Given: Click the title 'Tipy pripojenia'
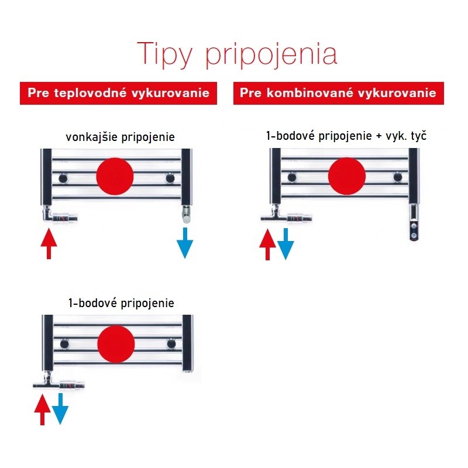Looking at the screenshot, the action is click(237, 55).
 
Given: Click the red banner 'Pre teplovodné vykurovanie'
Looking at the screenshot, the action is click(119, 93).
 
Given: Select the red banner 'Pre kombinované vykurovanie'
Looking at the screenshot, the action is click(339, 93).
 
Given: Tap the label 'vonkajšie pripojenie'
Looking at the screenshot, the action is click(121, 137).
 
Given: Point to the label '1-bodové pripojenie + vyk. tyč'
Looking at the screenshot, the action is click(346, 136).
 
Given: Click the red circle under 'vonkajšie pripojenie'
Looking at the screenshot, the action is click(115, 177).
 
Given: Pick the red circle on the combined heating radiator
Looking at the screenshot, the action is click(347, 176).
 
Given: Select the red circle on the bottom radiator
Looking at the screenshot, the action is click(116, 344).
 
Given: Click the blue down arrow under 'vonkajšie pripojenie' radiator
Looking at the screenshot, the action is click(185, 243).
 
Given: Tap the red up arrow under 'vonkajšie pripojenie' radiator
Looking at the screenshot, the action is click(49, 243).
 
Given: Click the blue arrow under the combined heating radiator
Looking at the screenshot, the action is click(285, 244).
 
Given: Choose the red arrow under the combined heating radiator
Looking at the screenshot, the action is click(268, 245).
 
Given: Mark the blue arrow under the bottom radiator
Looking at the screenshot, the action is click(60, 408).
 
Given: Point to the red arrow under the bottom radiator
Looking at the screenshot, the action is click(42, 409).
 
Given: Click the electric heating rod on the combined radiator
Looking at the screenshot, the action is click(414, 222).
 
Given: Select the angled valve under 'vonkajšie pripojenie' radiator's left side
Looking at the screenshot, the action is click(60, 215).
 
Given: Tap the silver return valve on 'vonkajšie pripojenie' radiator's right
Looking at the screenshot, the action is click(187, 214).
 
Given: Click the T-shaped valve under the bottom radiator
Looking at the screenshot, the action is click(59, 382).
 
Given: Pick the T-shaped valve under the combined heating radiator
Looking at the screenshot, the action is click(287, 215).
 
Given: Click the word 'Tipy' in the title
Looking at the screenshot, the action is click(164, 55).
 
